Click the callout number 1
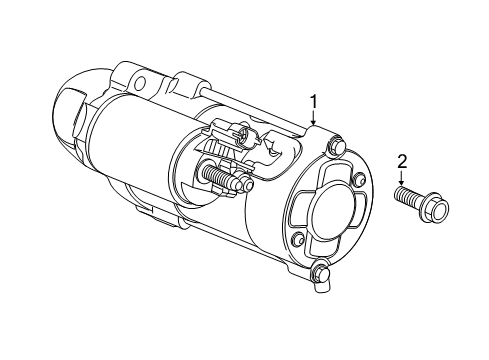(x=315, y=101)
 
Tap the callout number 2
(x=402, y=161)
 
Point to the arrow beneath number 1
(x=315, y=119)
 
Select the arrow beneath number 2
(x=402, y=180)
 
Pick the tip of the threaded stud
(x=248, y=184)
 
